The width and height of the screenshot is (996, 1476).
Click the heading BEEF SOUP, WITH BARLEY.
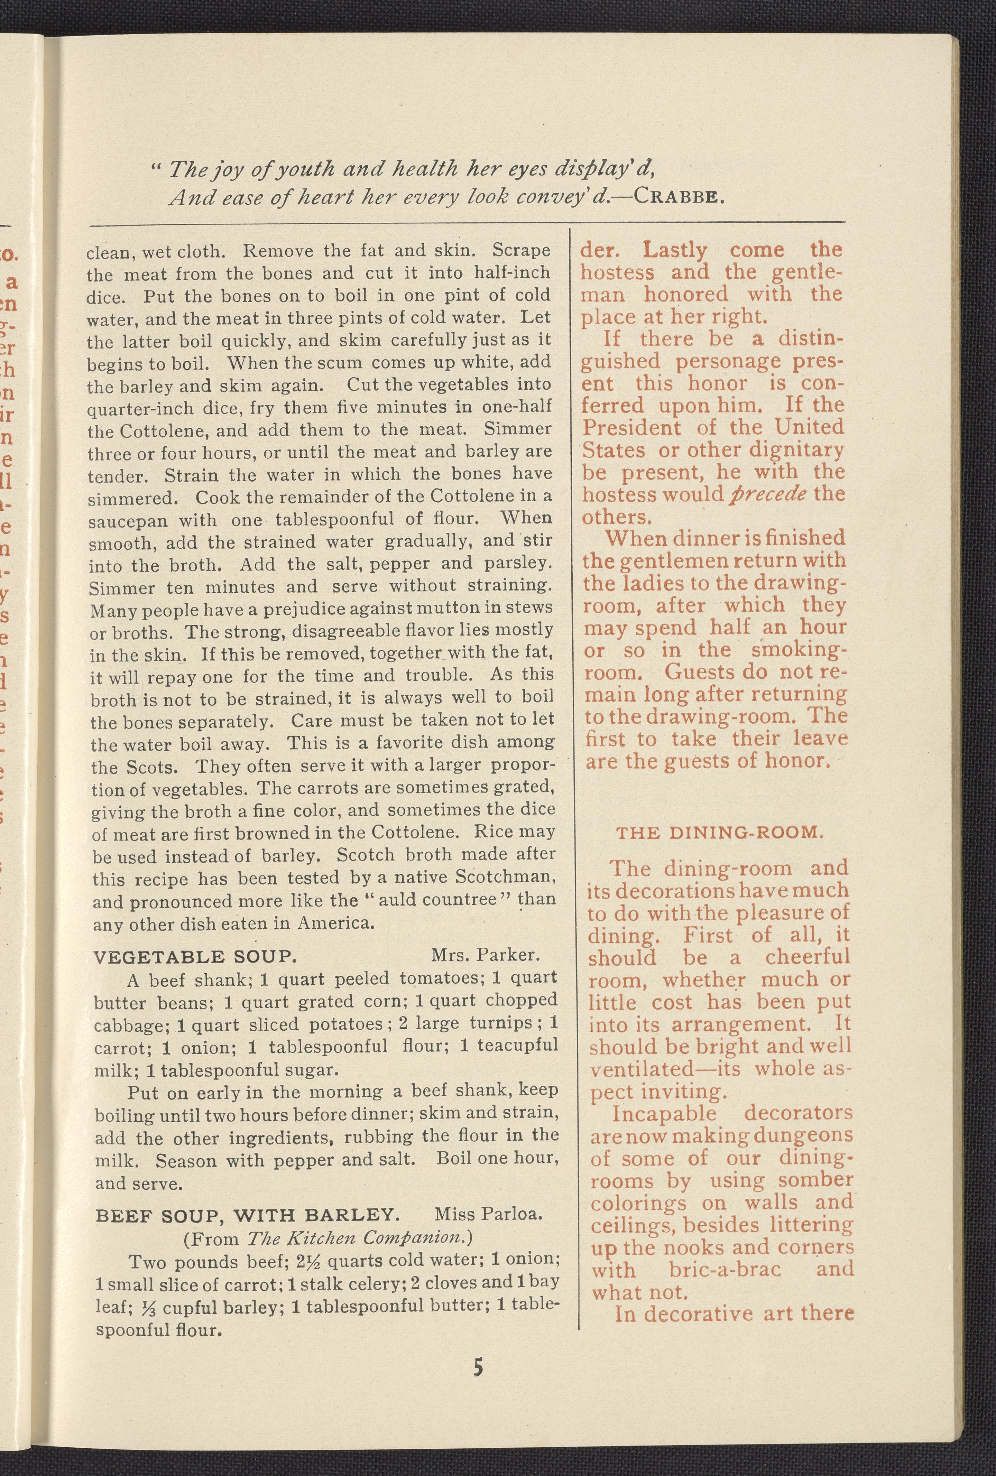pos(247,1216)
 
